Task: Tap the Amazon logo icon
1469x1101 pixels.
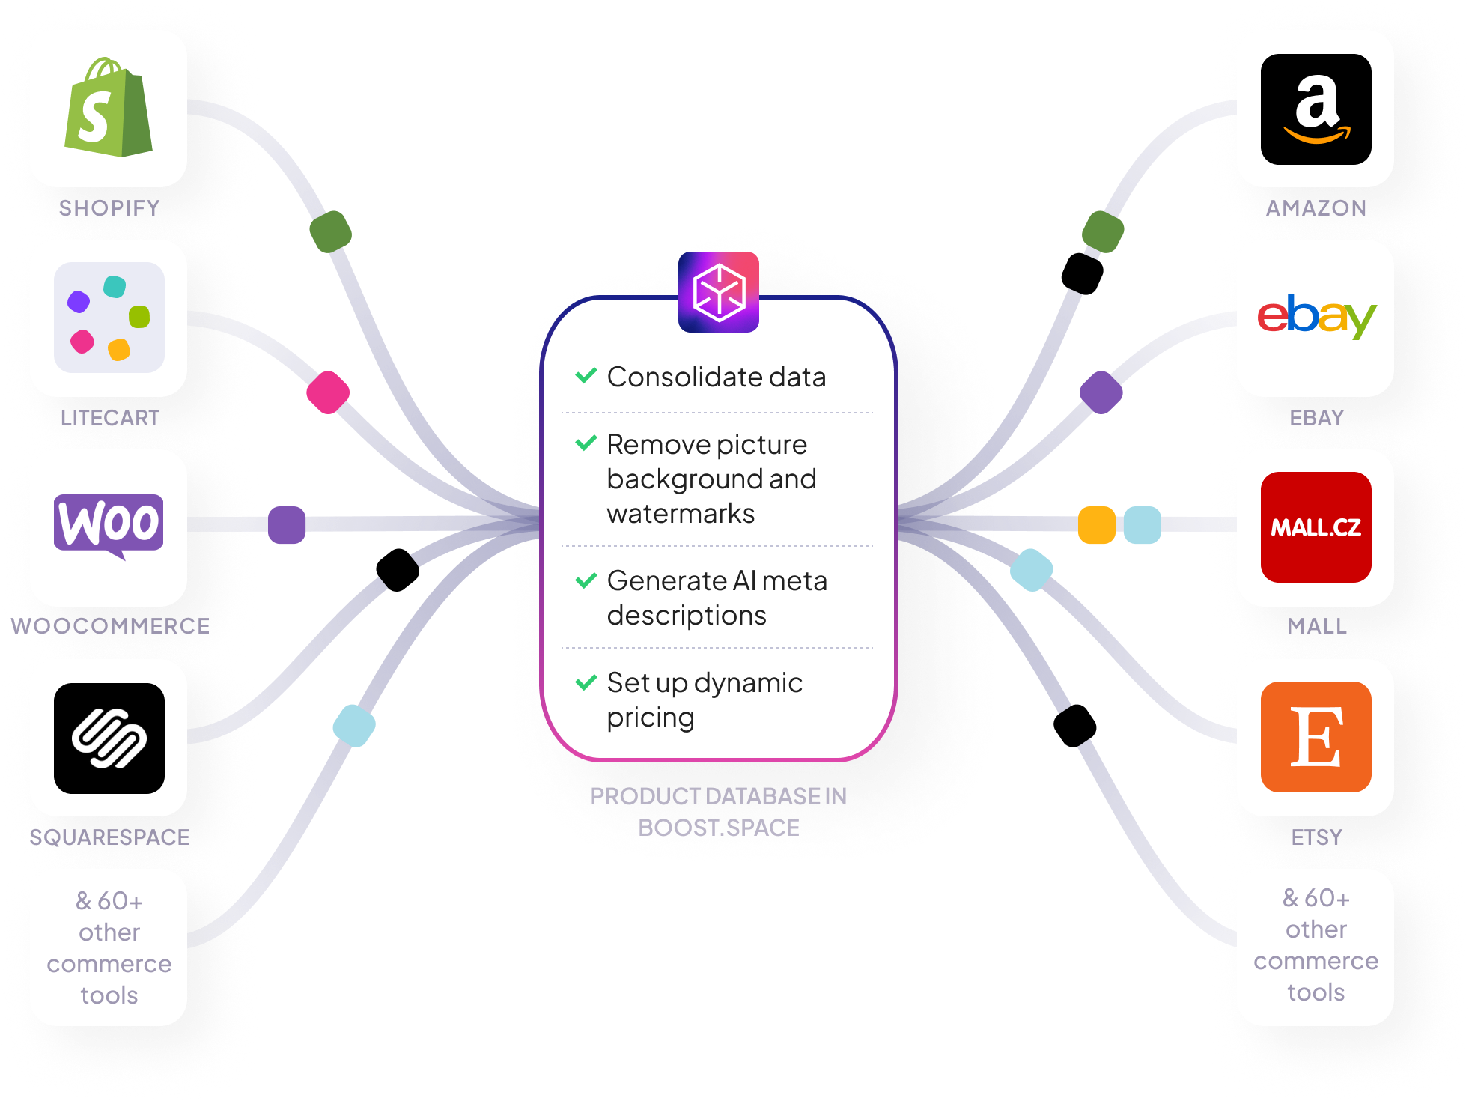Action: coord(1316,109)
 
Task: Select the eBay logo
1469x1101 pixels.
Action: coord(1316,316)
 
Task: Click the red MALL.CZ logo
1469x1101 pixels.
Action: coord(1316,527)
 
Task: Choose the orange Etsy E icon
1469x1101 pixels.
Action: coord(1316,737)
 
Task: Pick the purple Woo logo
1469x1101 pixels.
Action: coord(109,524)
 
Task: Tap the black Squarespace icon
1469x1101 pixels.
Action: coord(109,738)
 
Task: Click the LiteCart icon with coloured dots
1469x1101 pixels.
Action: coord(109,318)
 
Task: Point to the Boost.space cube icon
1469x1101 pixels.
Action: coord(719,292)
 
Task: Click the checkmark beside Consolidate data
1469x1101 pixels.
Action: coord(586,375)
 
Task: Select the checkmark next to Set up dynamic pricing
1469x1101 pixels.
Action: coord(586,682)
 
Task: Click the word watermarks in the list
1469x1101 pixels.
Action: coord(681,514)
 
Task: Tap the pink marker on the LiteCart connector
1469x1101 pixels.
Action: coord(328,392)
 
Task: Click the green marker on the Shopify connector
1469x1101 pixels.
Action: coord(330,231)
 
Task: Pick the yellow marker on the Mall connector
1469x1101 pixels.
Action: coord(1096,525)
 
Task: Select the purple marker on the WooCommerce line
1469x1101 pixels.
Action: coord(287,525)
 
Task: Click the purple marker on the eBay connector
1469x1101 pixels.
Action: coord(1101,392)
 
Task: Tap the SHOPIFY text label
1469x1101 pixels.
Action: coord(109,207)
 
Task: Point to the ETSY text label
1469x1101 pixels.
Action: coord(1316,837)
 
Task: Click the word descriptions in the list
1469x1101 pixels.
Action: coord(687,616)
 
